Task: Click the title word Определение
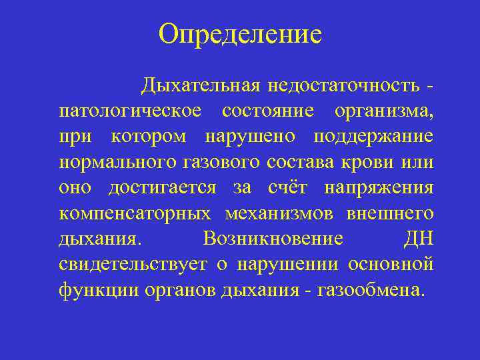[x=240, y=33]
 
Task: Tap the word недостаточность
[x=344, y=86]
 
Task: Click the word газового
[x=223, y=162]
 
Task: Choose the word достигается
[x=162, y=188]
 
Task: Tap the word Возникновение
[x=273, y=239]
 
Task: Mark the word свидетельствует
[x=142, y=265]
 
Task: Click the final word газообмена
[x=371, y=290]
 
